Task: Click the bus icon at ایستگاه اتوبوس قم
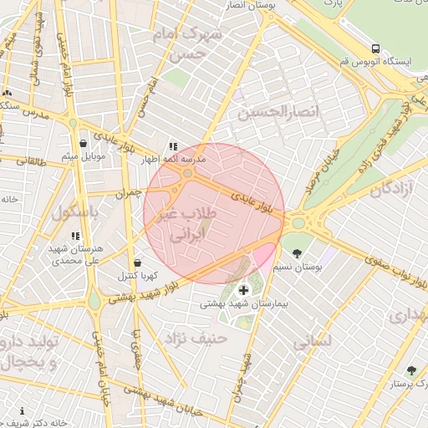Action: (x=376, y=48)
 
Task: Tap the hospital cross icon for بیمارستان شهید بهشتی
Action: (x=243, y=290)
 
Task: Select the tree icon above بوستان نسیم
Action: (x=296, y=252)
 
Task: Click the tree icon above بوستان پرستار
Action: (x=410, y=370)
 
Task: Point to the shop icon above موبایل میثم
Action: (x=83, y=144)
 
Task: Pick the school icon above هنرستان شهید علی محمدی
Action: (x=76, y=237)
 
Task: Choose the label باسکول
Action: (x=74, y=213)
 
